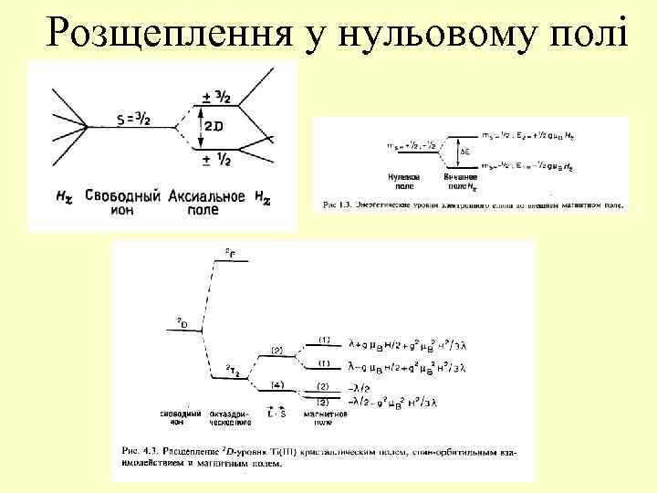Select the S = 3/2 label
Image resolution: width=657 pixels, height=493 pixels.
pyautogui.click(x=138, y=119)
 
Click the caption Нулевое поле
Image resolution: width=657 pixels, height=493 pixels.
pyautogui.click(x=404, y=178)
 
